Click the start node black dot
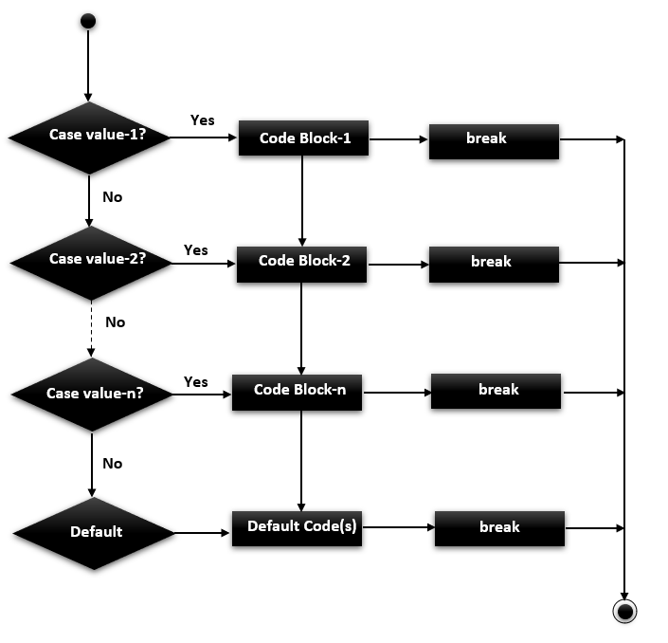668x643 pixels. (89, 21)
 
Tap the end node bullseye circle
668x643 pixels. (624, 611)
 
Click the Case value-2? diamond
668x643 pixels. (90, 260)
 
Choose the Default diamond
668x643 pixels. (92, 532)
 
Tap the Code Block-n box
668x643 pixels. (297, 391)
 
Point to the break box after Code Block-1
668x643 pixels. (494, 139)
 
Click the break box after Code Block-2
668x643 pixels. (494, 263)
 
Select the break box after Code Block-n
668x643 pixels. (496, 391)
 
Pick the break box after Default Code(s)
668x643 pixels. (499, 528)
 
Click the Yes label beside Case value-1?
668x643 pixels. (202, 120)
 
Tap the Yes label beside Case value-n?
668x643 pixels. (195, 382)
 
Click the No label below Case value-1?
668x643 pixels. (112, 198)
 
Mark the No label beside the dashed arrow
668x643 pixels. (115, 322)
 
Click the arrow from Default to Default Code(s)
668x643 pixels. (204, 533)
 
